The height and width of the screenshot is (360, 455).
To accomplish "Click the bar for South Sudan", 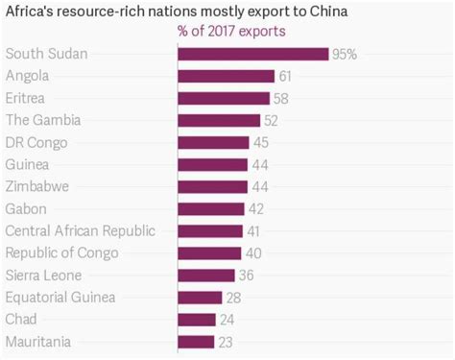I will pos(252,55).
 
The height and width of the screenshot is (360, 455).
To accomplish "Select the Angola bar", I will pos(226,77).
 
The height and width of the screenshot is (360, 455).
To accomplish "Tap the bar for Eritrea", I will pos(224,98).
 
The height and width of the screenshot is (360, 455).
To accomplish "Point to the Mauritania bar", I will pos(196,342).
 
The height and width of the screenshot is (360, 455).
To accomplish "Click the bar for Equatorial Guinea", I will pos(200,298).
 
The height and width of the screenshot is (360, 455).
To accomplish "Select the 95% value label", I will pos(345,55).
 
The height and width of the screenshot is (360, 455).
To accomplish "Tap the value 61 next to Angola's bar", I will pos(287,77).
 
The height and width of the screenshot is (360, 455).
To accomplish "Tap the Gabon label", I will pos(27,208).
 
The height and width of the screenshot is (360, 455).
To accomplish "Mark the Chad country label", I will pos(23,320).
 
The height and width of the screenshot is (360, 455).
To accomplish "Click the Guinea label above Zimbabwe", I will pos(29,164).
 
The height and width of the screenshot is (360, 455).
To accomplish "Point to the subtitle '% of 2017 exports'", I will pos(231,32).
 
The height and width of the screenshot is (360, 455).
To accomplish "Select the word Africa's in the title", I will pos(28,12).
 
